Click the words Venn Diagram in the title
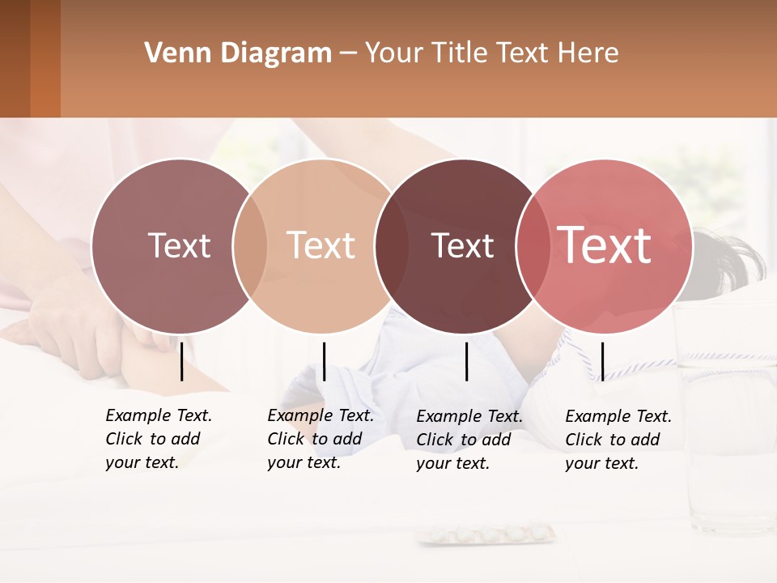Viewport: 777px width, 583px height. [x=238, y=53]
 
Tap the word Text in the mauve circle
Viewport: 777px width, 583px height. [x=179, y=245]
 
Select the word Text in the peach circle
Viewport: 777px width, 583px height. [x=321, y=245]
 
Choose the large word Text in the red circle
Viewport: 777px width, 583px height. [x=605, y=245]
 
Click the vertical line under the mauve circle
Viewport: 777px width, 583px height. [x=182, y=361]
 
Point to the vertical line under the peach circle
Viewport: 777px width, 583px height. [x=324, y=361]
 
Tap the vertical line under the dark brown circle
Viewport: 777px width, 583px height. [x=467, y=361]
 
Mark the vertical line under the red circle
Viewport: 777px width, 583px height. [x=602, y=361]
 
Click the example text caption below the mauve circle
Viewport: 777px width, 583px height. [x=159, y=439]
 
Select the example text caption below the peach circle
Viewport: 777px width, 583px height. [x=321, y=439]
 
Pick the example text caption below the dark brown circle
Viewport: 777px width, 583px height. [x=469, y=440]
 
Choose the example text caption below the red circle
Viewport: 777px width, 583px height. [x=618, y=440]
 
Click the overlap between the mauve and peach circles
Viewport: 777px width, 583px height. [x=250, y=245]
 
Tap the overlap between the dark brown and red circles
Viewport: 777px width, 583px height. [x=533, y=245]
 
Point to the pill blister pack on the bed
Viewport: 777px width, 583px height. [x=487, y=534]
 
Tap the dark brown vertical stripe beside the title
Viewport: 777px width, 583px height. [x=15, y=58]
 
